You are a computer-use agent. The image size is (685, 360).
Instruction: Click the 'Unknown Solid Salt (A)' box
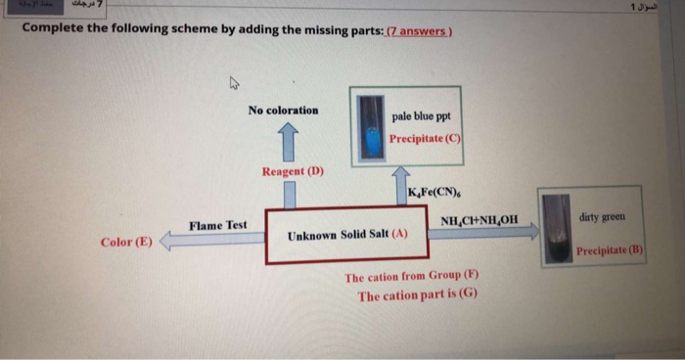347,236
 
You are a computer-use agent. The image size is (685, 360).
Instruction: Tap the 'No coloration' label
283,111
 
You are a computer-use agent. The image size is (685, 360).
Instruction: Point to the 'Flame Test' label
218,225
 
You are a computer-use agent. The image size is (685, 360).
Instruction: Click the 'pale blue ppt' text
421,114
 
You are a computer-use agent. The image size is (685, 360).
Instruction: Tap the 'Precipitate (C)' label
424,138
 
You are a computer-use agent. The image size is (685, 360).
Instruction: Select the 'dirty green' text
599,215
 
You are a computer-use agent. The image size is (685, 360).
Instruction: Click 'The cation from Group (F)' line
411,277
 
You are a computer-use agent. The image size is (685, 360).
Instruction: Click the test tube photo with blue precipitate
369,126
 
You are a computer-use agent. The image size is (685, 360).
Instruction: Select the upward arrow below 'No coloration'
288,138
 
